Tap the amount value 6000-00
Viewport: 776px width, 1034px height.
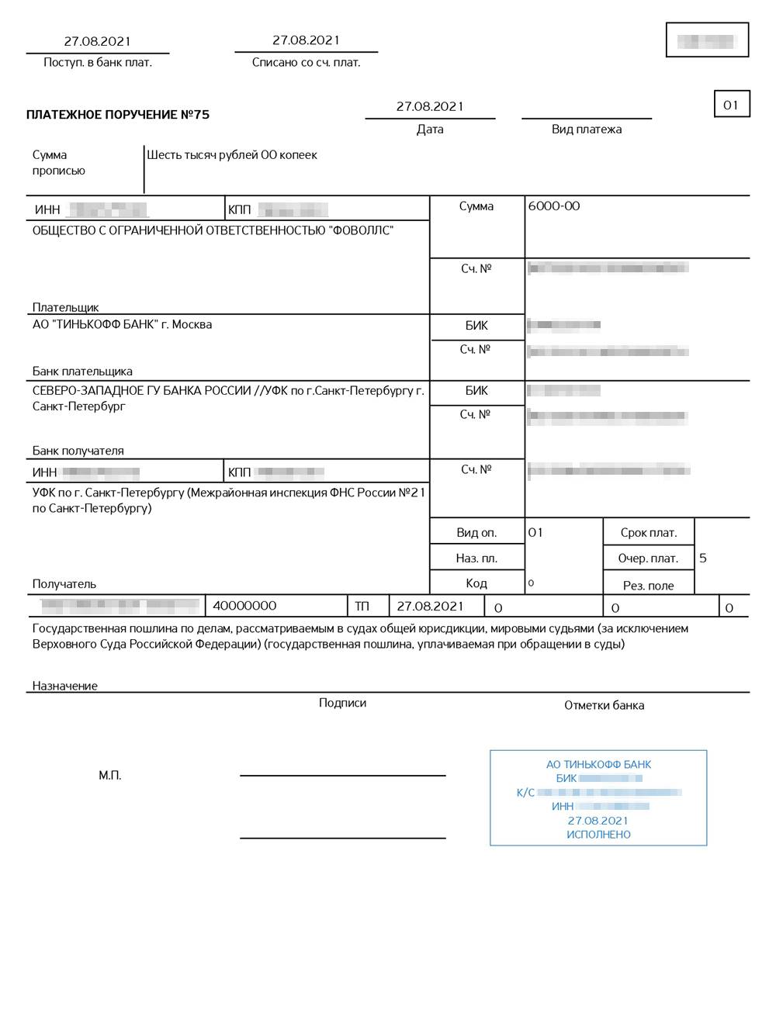[x=553, y=206]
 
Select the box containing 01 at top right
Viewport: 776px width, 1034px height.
[x=731, y=105]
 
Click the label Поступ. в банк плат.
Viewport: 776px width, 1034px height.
[x=98, y=63]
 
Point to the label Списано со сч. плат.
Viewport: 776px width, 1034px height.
[x=306, y=63]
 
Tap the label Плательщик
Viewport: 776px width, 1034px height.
[x=65, y=307]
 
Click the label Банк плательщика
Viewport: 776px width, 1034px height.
[x=82, y=371]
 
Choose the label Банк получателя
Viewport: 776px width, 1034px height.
[x=78, y=451]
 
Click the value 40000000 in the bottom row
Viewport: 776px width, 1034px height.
[x=244, y=606]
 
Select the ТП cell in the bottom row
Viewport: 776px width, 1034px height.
[x=362, y=607]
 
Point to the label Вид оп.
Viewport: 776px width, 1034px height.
[x=476, y=533]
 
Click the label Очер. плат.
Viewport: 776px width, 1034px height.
[x=648, y=558]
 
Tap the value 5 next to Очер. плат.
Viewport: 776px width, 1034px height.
[x=703, y=558]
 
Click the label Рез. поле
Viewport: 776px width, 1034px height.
[x=648, y=586]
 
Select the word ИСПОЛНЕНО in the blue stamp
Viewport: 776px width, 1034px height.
[x=598, y=835]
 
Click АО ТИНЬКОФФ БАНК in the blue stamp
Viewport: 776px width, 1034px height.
[x=598, y=765]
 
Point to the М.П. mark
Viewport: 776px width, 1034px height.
[x=110, y=776]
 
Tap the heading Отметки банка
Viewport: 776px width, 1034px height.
[x=604, y=705]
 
